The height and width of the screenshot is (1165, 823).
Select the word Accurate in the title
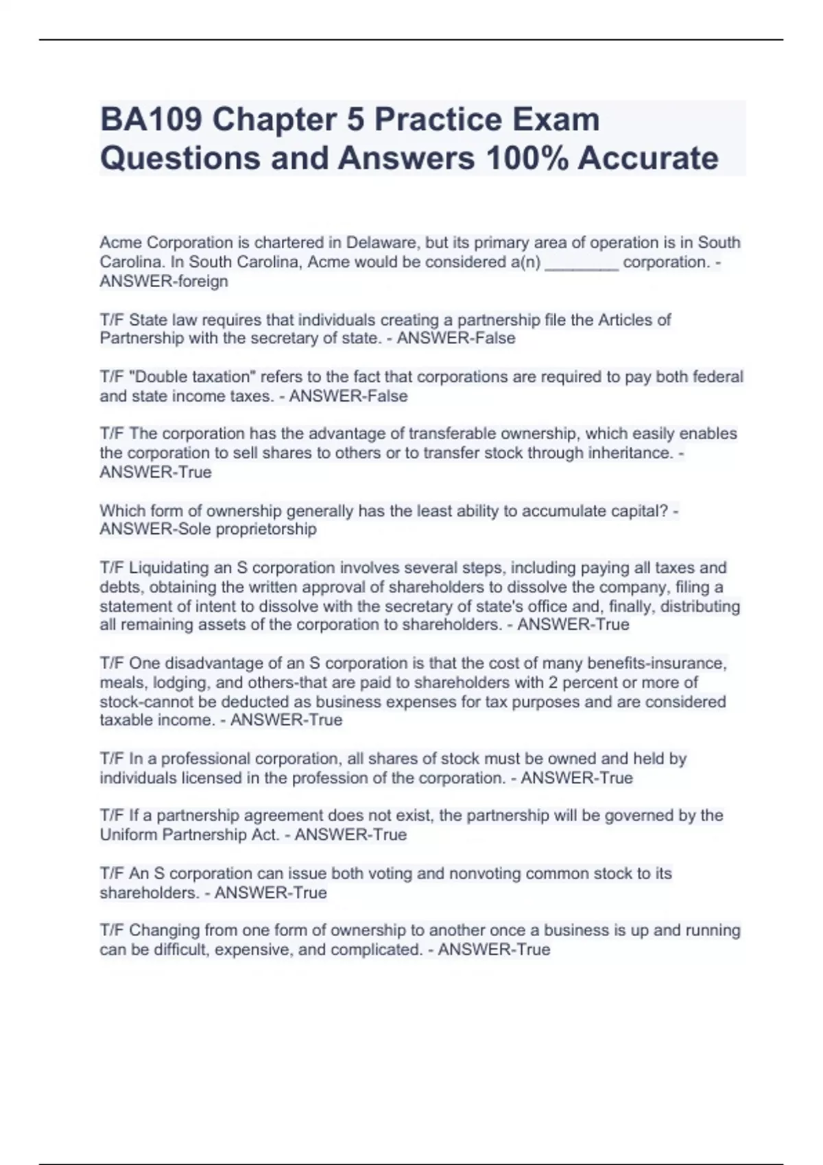coord(648,158)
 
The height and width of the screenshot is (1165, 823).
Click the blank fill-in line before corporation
coord(582,262)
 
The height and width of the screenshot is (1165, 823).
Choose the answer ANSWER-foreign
coord(164,282)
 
